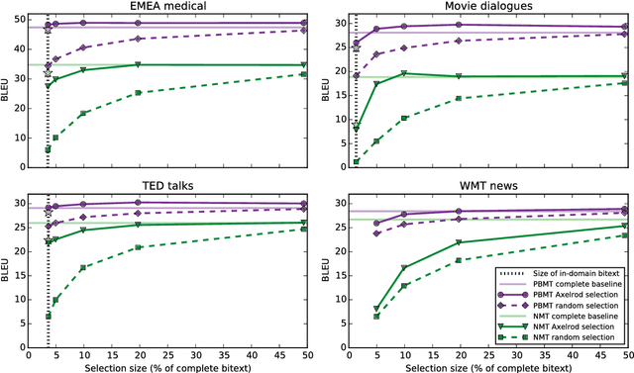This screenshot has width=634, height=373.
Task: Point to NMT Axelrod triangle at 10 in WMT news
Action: pyautogui.click(x=404, y=268)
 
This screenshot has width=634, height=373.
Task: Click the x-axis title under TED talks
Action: pyautogui.click(x=176, y=366)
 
